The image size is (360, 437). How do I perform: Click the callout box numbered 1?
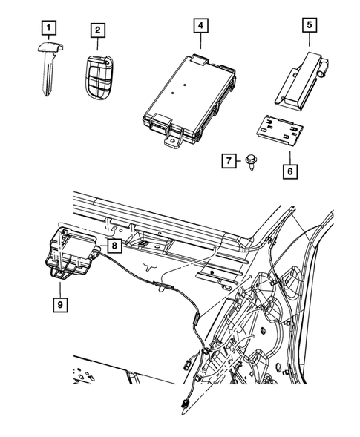pyautogui.click(x=47, y=30)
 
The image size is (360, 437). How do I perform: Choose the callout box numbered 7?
pyautogui.click(x=229, y=160)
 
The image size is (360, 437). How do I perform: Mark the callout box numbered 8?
pyautogui.click(x=115, y=243)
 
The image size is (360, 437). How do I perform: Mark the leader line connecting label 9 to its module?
pyautogui.click(x=57, y=286)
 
